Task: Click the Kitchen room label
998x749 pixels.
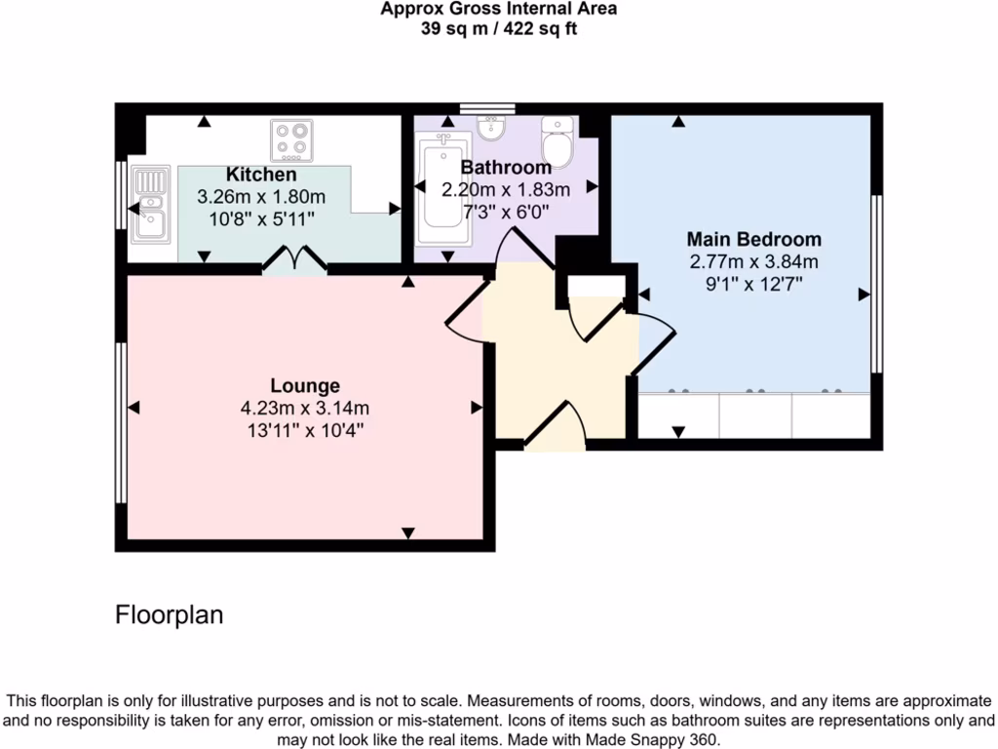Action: [261, 175]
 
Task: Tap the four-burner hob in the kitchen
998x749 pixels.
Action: [291, 140]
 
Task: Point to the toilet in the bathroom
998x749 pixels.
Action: [557, 142]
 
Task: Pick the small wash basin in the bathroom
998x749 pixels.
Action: [491, 128]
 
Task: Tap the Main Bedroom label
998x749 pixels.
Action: [753, 239]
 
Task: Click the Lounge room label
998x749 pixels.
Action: [305, 385]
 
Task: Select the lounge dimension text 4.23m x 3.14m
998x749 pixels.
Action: [305, 408]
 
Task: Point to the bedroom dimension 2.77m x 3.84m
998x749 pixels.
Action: [753, 261]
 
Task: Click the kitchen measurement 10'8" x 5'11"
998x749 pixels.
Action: [261, 219]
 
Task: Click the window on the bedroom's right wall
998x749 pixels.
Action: [876, 283]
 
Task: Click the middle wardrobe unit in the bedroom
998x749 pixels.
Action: [755, 415]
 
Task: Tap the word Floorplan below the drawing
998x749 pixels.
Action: [170, 615]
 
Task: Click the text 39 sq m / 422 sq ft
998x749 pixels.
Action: [498, 28]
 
